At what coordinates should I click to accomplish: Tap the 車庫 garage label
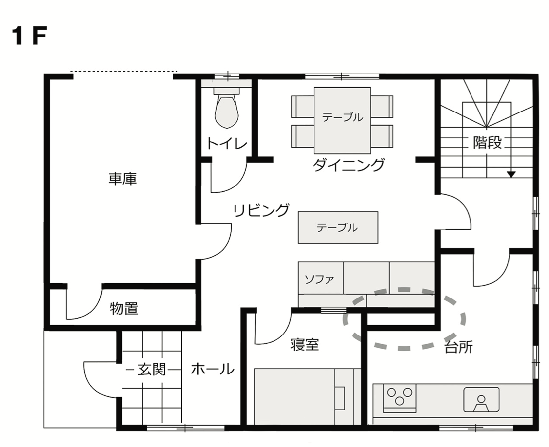(x=122, y=179)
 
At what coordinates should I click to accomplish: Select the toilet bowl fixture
(x=227, y=109)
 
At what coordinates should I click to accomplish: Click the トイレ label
(x=227, y=144)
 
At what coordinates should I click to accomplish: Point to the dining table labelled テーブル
(x=342, y=120)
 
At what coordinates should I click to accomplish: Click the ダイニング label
(x=349, y=165)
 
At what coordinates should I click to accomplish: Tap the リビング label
(x=262, y=210)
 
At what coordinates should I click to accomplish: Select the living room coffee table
(x=338, y=227)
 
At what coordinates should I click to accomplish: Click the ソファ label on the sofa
(x=319, y=279)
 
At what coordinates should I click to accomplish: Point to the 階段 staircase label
(x=487, y=143)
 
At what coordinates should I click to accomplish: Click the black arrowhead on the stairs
(x=511, y=174)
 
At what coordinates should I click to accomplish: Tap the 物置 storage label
(x=124, y=308)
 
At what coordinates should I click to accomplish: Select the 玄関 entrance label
(x=152, y=370)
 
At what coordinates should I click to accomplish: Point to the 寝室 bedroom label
(x=305, y=345)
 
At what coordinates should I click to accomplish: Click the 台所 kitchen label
(x=459, y=347)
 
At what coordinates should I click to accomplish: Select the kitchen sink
(x=481, y=400)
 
